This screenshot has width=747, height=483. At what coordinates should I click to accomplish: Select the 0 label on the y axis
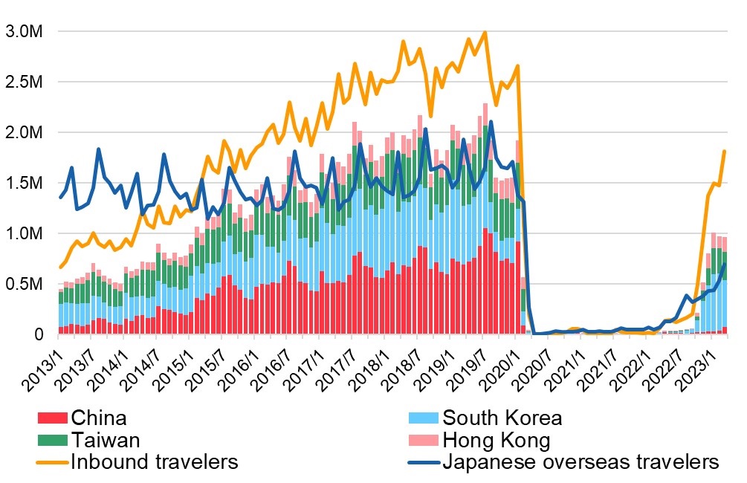[39, 335]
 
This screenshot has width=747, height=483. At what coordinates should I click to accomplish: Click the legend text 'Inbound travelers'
[154, 462]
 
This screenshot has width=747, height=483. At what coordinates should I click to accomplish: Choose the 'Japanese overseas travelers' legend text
[581, 462]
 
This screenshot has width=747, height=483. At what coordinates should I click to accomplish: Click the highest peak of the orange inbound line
[485, 33]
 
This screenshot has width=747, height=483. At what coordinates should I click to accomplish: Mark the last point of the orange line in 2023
[724, 152]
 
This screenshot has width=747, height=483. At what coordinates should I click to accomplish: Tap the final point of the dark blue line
[724, 265]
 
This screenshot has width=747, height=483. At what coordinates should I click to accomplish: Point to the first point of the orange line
[60, 268]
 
